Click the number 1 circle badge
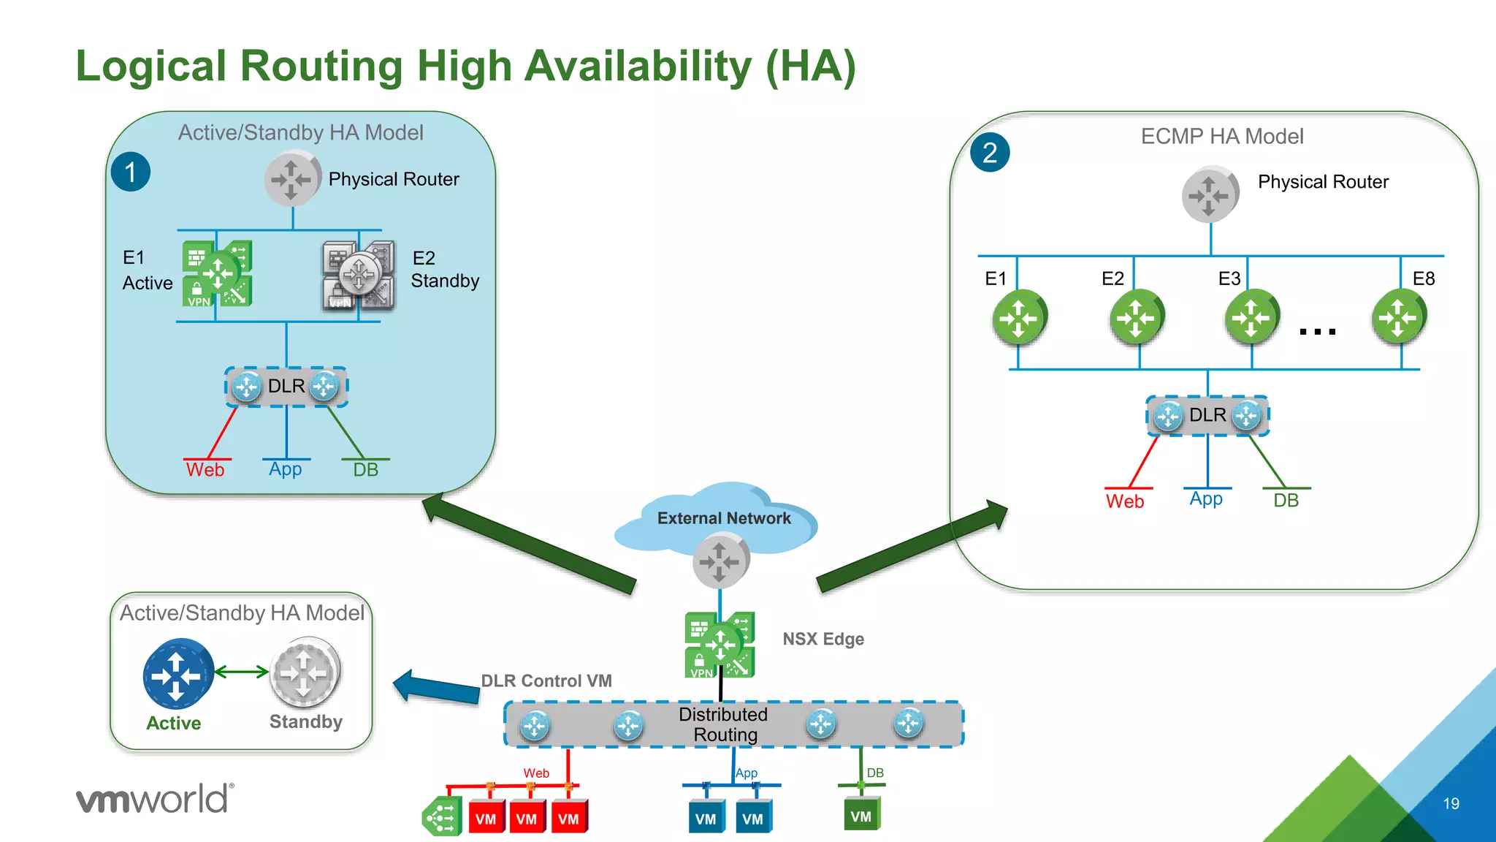[x=131, y=172]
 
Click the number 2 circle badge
[x=990, y=153]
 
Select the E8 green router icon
[x=1399, y=317]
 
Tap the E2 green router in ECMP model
[x=1136, y=317]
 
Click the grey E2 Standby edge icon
[x=359, y=276]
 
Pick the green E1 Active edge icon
[x=217, y=273]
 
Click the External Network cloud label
[x=723, y=518]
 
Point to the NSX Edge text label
[x=823, y=639]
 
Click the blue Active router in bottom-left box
[x=178, y=674]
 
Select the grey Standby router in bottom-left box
[x=305, y=672]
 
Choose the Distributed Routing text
[x=724, y=724]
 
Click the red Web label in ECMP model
[x=1124, y=501]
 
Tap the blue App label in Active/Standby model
[x=285, y=469]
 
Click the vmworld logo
[x=155, y=799]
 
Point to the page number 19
[x=1451, y=803]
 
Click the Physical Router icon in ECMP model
[x=1210, y=195]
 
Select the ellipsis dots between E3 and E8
[x=1318, y=331]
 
